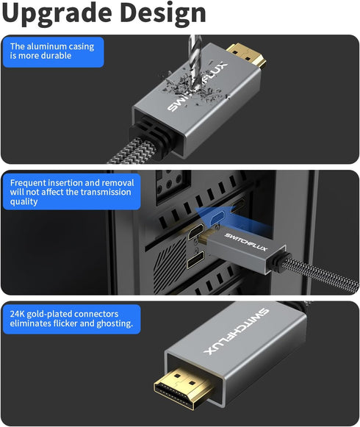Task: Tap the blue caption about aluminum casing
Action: click(x=52, y=51)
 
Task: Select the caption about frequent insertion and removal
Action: click(x=71, y=192)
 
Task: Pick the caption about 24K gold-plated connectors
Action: click(x=71, y=317)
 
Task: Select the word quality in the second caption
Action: click(x=24, y=202)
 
